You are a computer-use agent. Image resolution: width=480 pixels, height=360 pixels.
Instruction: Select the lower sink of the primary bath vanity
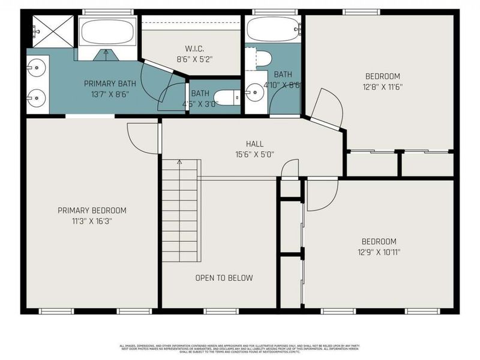[36, 96]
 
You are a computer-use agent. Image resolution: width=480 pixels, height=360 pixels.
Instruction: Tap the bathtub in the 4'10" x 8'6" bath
[272, 29]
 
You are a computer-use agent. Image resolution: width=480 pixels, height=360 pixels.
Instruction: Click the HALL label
[254, 143]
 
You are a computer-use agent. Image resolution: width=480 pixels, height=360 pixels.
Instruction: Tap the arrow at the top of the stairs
[178, 163]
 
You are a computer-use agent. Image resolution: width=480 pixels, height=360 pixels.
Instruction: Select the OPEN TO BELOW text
[224, 278]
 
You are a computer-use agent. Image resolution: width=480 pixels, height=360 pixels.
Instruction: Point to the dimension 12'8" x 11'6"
[382, 86]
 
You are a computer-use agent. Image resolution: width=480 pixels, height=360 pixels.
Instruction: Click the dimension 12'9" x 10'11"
[379, 252]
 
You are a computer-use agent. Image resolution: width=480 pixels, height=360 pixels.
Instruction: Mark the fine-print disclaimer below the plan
[239, 348]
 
